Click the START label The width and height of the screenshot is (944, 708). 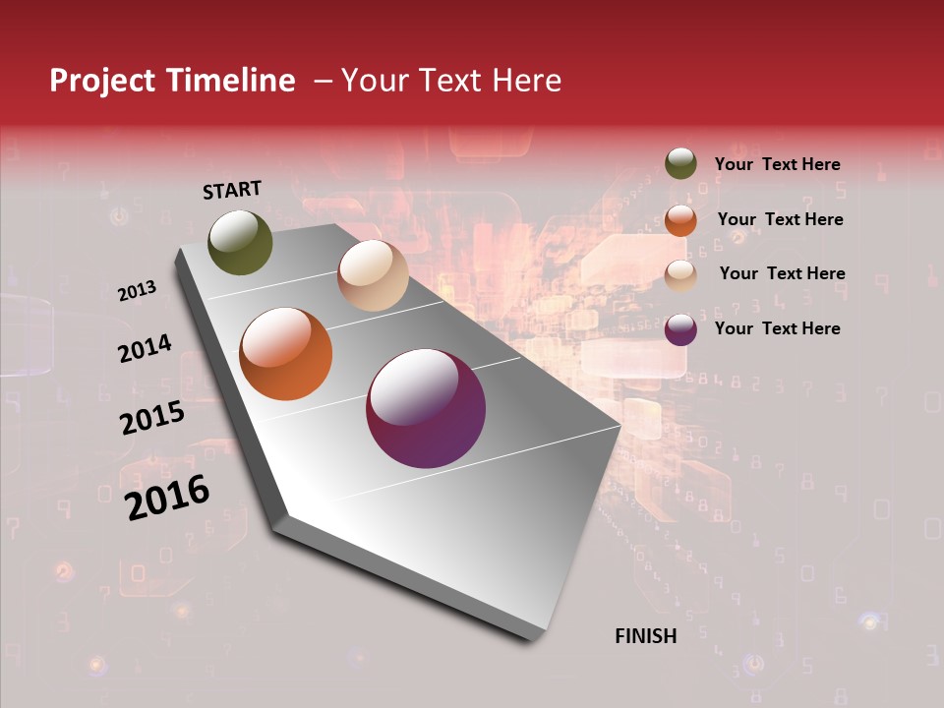coord(232,190)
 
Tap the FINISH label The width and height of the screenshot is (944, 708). coord(646,636)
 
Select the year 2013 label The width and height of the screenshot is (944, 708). coord(137,290)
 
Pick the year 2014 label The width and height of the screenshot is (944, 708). coord(145,348)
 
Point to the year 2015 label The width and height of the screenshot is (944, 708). coord(152,418)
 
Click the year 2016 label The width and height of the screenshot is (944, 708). coord(167,498)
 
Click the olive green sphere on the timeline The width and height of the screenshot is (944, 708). coord(240,242)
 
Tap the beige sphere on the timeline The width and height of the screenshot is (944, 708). coord(373,275)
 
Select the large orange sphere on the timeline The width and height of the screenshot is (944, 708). coord(286,354)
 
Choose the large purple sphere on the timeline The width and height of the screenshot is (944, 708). coord(426,408)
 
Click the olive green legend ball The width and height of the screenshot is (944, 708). coord(680,164)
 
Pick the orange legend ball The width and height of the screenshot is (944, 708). coord(680,220)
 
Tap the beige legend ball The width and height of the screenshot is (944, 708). coord(680,274)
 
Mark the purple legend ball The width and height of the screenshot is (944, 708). coord(680,329)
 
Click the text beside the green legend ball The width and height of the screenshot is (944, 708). coord(778,164)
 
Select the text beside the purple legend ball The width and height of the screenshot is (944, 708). coord(778,328)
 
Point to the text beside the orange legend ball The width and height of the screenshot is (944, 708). coord(780,219)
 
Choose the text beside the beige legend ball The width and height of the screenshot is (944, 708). coord(782,273)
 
